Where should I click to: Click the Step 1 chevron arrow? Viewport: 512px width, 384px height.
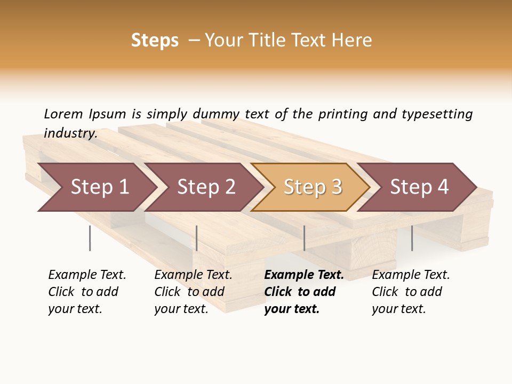coord(99,187)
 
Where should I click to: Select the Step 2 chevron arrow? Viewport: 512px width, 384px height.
coord(206,187)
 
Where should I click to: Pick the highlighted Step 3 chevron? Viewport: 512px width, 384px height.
coord(313,187)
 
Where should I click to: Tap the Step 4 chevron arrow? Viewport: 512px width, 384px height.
coord(419,187)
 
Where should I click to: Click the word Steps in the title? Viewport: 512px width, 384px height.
coord(155,41)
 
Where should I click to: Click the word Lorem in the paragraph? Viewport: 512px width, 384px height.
coord(63,114)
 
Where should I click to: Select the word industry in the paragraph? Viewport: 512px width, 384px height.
coord(70,133)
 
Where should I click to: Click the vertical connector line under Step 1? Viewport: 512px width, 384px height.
coord(90,238)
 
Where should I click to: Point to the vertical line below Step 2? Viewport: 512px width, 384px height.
coord(197,238)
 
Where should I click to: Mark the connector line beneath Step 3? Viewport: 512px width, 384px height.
coord(304,238)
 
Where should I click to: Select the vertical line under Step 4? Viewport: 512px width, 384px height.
coord(412,238)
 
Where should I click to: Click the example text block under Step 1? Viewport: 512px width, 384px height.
coord(86,292)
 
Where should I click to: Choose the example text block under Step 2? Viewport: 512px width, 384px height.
coord(193,292)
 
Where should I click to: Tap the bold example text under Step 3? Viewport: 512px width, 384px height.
coord(303,292)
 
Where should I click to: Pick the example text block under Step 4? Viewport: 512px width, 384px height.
coord(410,292)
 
